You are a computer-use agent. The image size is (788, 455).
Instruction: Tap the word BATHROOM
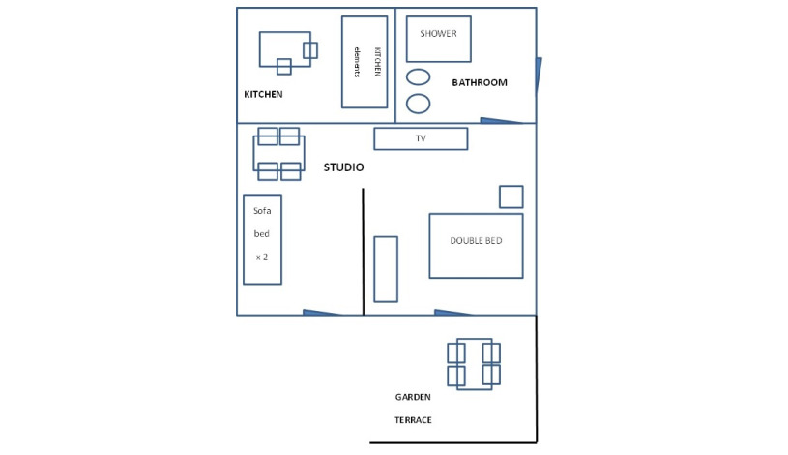pyautogui.click(x=480, y=82)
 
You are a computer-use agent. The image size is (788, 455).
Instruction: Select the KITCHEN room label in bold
pyautogui.click(x=263, y=94)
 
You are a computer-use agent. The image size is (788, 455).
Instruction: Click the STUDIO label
pyautogui.click(x=344, y=167)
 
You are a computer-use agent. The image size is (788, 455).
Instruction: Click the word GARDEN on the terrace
pyautogui.click(x=413, y=397)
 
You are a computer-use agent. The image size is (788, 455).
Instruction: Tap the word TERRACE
pyautogui.click(x=413, y=420)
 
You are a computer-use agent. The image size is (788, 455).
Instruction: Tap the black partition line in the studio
pyautogui.click(x=363, y=252)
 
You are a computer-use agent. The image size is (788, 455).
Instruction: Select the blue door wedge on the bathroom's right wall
pyautogui.click(x=539, y=76)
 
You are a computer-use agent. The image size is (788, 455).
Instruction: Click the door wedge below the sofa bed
pyautogui.click(x=322, y=313)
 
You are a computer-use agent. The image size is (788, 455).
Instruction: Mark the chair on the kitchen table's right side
pyautogui.click(x=310, y=50)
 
